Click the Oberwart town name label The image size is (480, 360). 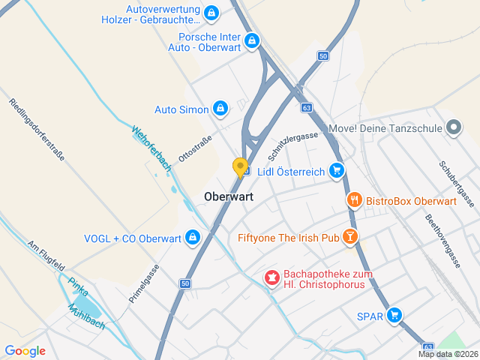(x=229, y=196)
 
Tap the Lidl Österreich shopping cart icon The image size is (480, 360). (x=337, y=171)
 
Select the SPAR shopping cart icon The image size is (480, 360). (x=394, y=316)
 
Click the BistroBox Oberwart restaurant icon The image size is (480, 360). (x=355, y=200)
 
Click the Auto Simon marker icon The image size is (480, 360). (x=220, y=109)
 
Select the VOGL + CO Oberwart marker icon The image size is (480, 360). (x=193, y=238)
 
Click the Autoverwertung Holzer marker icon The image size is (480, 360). (x=211, y=13)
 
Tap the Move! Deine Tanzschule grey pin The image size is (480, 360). (x=453, y=127)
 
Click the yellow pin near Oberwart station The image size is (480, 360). (x=241, y=166)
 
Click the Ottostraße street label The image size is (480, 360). (x=195, y=148)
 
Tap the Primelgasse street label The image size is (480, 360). (x=144, y=283)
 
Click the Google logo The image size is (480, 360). (x=25, y=351)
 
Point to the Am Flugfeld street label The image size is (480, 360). (x=46, y=257)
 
